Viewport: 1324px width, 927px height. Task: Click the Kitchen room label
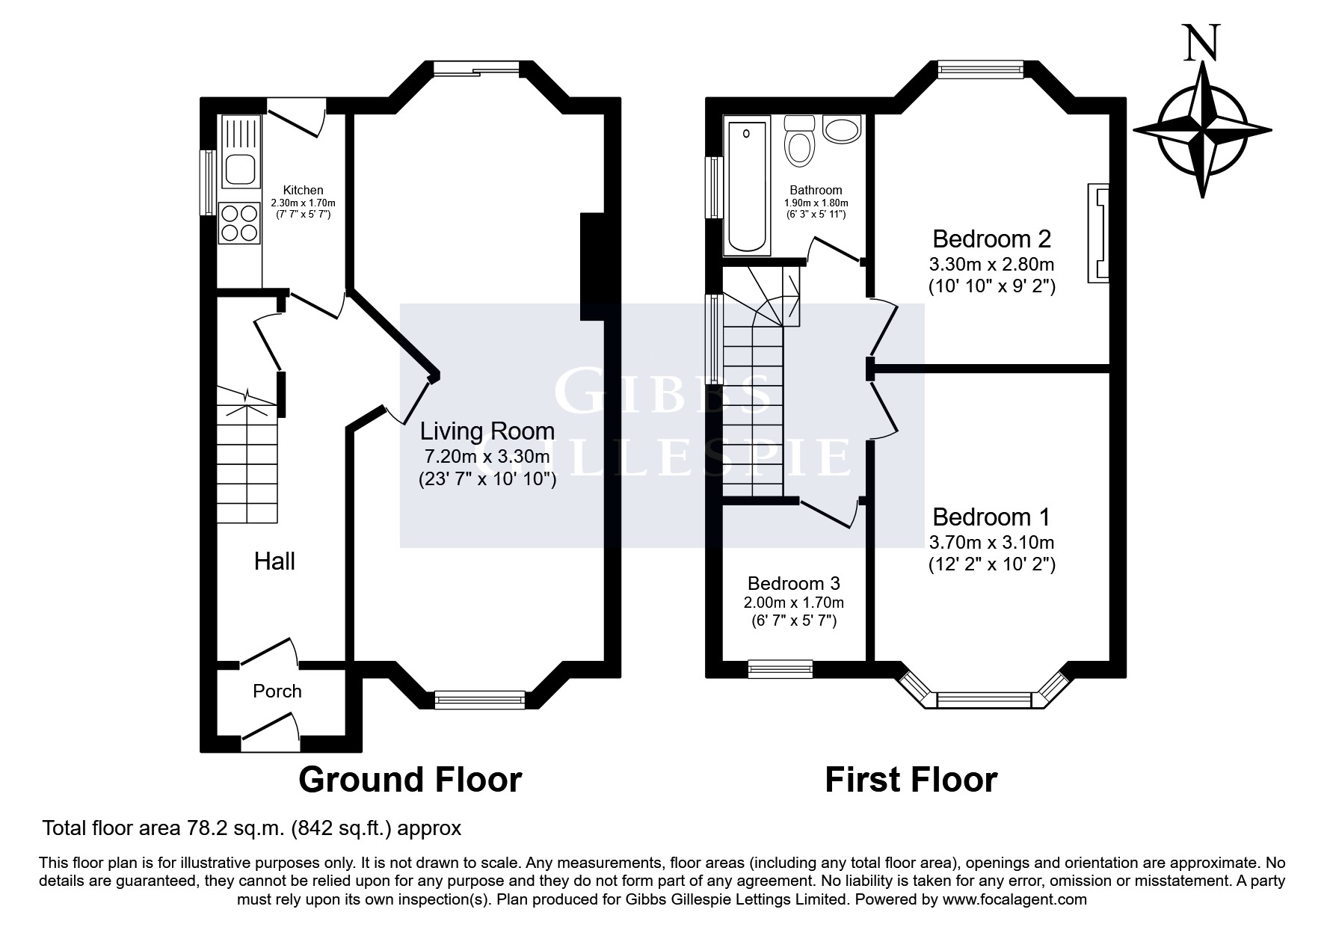304,191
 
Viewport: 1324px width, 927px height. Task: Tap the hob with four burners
239,224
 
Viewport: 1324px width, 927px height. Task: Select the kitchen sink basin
239,170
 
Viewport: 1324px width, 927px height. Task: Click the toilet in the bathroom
799,141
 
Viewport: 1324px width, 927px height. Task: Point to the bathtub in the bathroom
746,185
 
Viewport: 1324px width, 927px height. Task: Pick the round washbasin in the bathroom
843,129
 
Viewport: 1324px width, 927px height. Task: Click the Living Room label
487,431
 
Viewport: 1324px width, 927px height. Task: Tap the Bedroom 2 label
992,239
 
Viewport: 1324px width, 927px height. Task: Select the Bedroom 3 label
794,583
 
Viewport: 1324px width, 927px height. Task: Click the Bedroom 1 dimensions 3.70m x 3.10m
992,542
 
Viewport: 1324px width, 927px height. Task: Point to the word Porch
277,692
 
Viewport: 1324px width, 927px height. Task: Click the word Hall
275,561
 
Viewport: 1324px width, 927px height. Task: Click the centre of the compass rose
1202,129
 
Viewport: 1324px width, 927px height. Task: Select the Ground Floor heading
410,780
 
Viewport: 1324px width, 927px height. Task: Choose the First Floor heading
911,780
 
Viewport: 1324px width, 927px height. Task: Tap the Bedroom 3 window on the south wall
780,669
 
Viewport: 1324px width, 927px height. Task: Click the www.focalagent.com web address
1014,899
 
